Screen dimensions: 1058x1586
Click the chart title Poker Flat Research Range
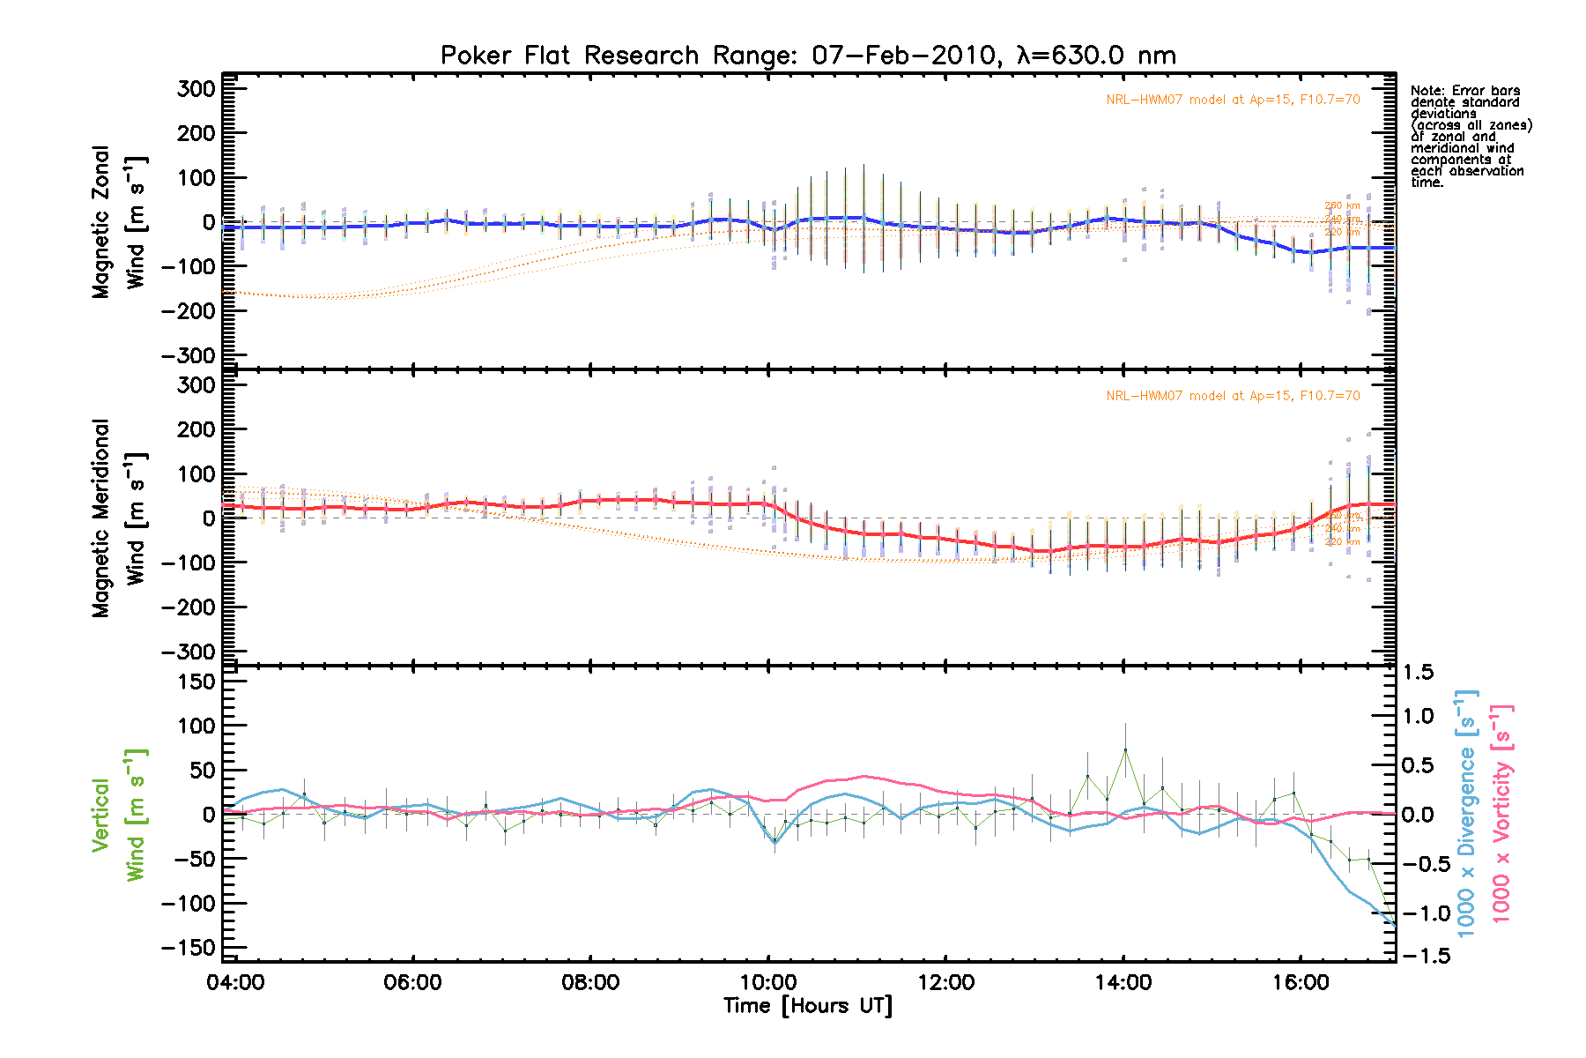[807, 56]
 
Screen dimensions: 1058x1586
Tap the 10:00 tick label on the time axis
[768, 982]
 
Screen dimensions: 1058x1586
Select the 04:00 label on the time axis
[235, 982]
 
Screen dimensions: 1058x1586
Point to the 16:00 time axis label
[1301, 982]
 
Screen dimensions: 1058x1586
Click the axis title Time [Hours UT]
[807, 1006]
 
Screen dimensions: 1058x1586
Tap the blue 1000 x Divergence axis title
[1466, 814]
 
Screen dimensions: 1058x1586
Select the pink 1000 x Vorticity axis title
[1501, 814]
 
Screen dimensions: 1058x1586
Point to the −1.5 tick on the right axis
[1421, 956]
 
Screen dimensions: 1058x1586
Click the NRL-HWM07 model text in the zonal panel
[1233, 100]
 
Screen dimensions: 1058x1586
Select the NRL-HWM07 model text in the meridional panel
[1233, 396]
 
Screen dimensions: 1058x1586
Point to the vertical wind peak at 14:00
[1125, 750]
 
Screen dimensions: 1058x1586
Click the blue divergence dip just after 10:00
[775, 841]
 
